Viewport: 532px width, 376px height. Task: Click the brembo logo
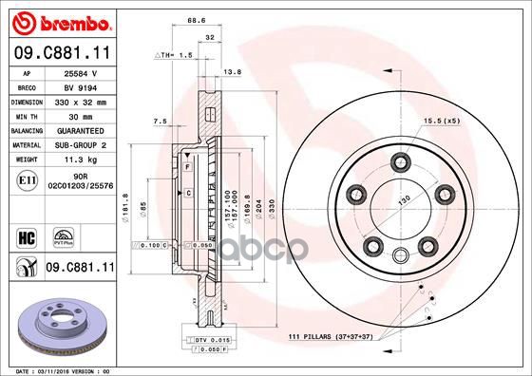59,22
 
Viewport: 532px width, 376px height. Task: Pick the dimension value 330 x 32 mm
80,100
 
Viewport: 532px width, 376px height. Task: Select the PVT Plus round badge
64,235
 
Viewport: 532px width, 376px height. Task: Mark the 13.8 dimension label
230,71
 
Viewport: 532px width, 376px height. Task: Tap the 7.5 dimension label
160,122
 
